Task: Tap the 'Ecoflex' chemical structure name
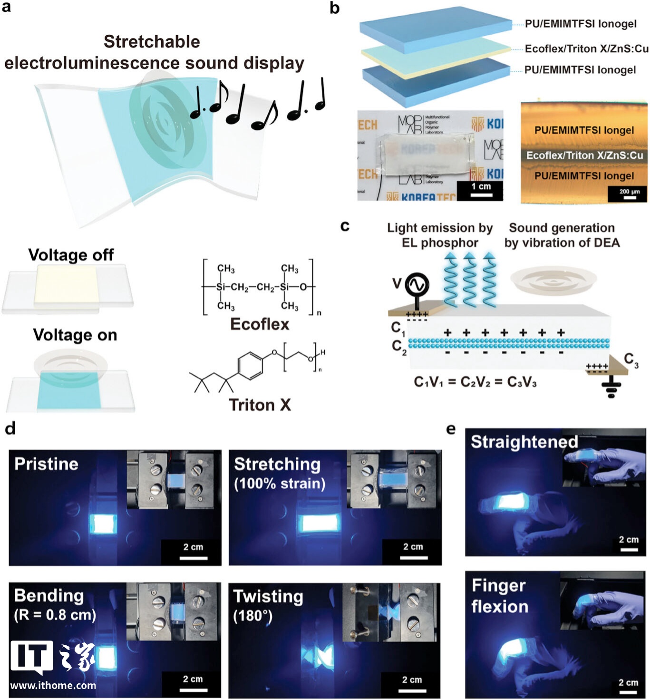coord(260,324)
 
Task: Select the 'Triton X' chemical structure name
coord(260,405)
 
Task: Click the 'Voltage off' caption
coord(71,255)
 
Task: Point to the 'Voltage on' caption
coord(75,335)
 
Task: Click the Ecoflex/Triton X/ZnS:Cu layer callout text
coord(586,49)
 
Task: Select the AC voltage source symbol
coord(417,285)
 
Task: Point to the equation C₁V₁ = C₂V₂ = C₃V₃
coord(475,382)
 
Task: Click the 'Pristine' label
coord(46,464)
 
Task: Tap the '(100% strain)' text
coord(280,484)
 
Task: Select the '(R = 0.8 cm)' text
coord(55,615)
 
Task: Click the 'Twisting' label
coord(268,596)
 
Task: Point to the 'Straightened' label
coord(524,442)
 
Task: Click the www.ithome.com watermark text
coord(53,685)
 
